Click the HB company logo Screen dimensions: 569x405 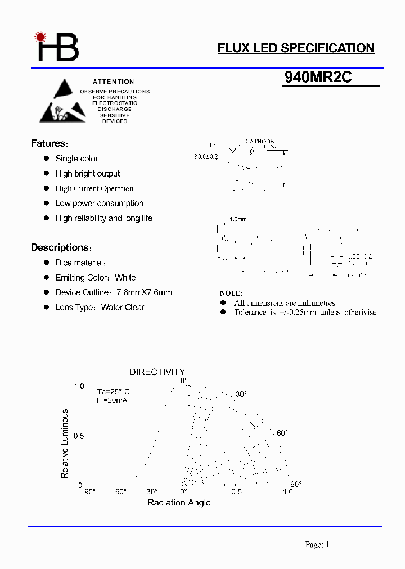57,47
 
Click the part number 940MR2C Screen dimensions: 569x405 318,78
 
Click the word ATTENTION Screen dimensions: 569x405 114,82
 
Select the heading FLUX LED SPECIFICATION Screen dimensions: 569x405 296,48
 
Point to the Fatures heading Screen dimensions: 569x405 49,144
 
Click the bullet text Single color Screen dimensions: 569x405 76,159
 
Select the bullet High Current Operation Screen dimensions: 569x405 94,189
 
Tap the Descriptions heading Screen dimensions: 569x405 60,248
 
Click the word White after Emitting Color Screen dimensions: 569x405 125,278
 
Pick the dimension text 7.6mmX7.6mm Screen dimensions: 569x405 144,293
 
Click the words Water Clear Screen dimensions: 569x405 123,308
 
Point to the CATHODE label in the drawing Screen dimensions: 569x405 259,142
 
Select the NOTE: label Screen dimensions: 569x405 231,293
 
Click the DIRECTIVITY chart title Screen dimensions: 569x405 157,372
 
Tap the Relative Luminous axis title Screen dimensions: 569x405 65,444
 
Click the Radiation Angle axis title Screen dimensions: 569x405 179,503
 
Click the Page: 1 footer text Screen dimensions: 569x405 317,544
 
